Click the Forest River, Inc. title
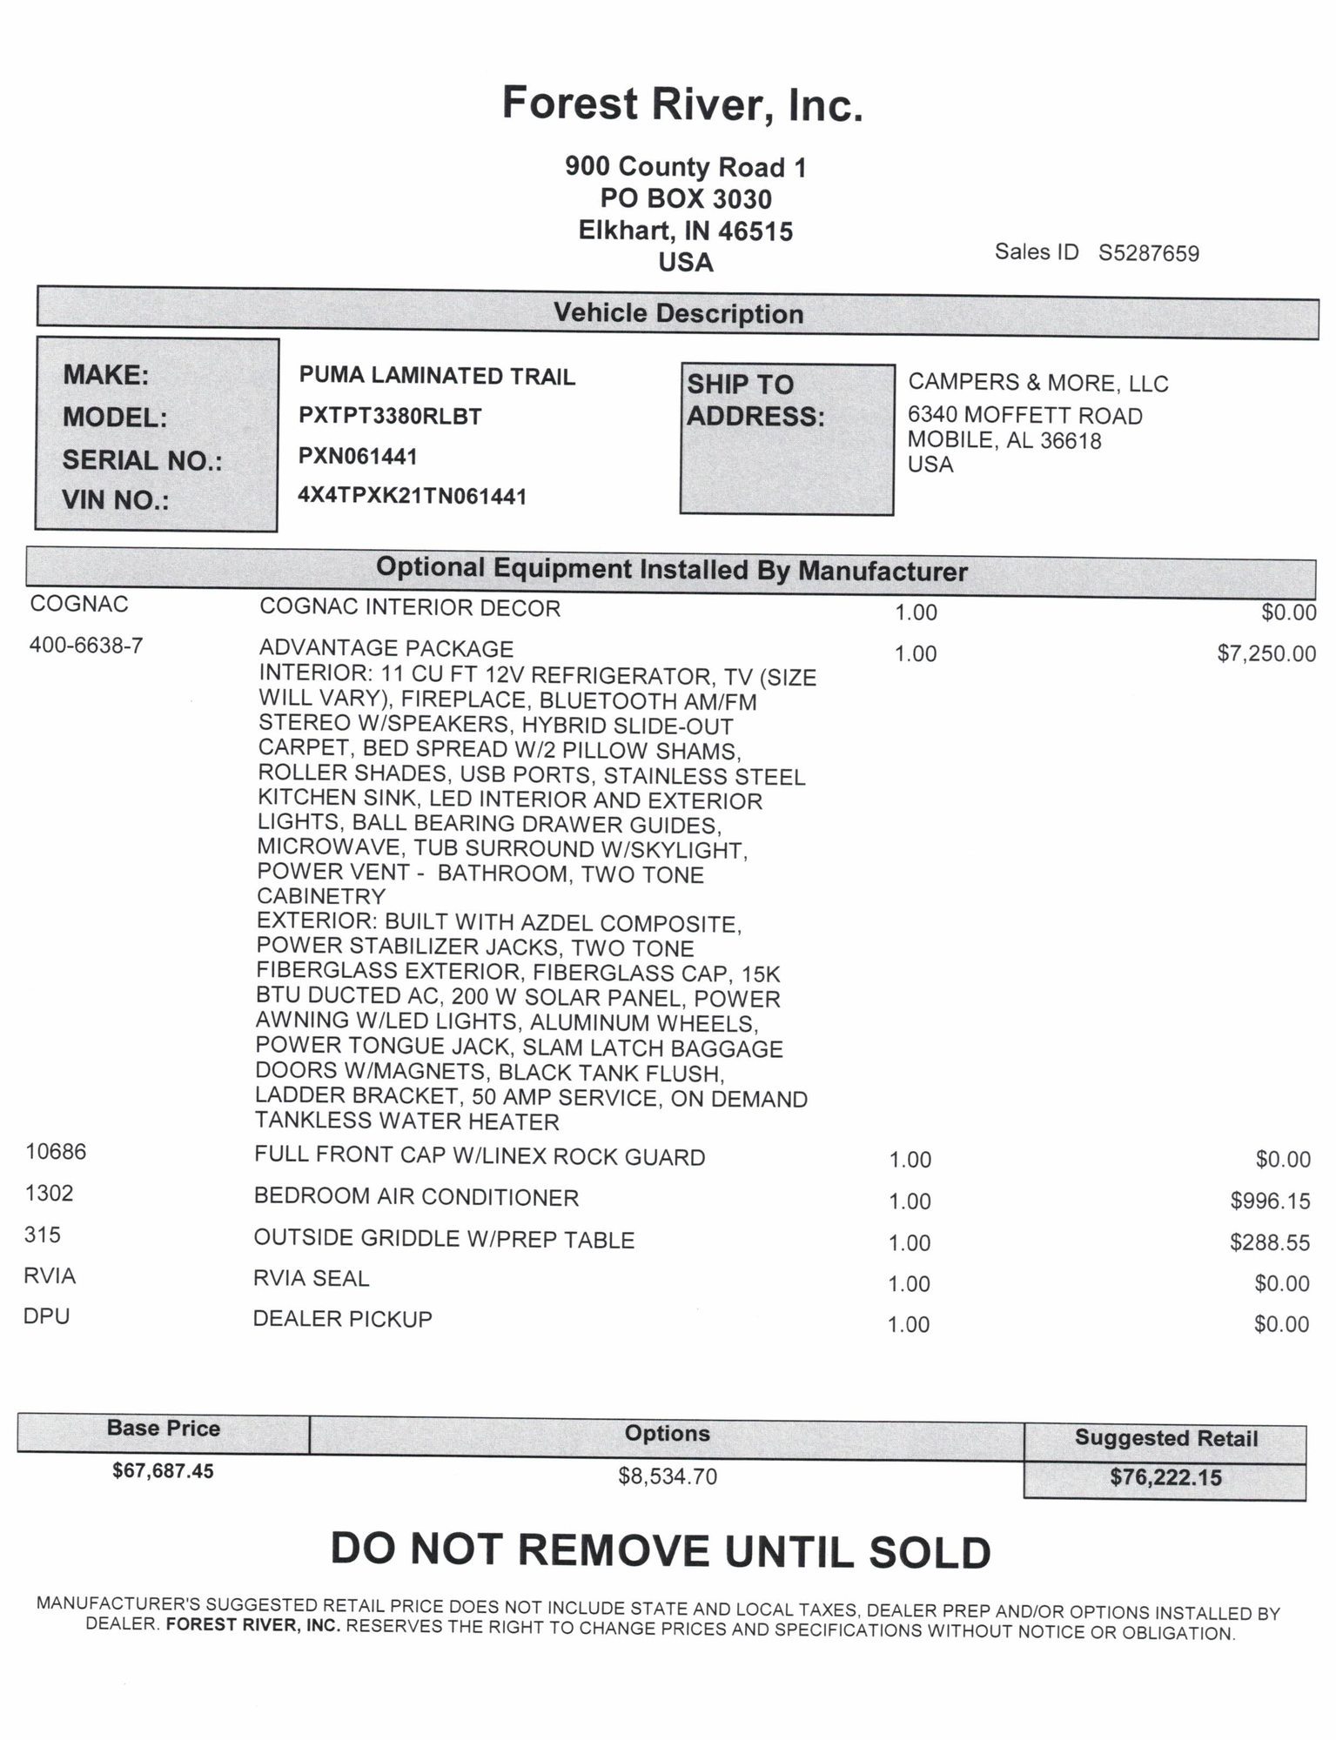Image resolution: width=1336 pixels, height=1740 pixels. (682, 104)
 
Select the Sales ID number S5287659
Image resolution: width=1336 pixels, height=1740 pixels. (1148, 253)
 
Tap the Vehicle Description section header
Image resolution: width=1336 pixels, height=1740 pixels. (678, 313)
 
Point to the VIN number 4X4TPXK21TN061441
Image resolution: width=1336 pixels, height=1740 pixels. (413, 496)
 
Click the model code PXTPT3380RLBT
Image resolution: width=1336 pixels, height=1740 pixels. (390, 416)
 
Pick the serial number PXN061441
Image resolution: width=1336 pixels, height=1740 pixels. (358, 456)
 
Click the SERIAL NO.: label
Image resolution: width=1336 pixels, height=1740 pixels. (142, 460)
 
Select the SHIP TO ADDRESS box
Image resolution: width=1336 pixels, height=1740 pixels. (786, 438)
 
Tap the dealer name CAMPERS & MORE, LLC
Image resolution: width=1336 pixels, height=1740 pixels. (1037, 383)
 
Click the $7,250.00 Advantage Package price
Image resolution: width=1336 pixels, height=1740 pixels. (1266, 653)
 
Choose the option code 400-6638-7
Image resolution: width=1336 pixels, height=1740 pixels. (86, 646)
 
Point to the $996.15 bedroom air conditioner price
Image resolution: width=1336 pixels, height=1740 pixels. (1269, 1201)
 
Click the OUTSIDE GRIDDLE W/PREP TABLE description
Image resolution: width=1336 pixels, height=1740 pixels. (444, 1239)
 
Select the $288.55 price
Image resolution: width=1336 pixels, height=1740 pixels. (1269, 1242)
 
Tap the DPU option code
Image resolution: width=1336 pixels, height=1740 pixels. (47, 1316)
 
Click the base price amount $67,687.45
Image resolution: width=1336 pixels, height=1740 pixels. (163, 1471)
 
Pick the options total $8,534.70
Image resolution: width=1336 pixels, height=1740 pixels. (668, 1476)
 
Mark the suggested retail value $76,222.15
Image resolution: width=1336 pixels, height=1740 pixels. (1165, 1477)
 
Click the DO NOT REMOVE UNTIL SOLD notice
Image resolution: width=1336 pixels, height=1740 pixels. (661, 1551)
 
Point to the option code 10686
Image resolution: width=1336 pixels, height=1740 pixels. (56, 1152)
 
